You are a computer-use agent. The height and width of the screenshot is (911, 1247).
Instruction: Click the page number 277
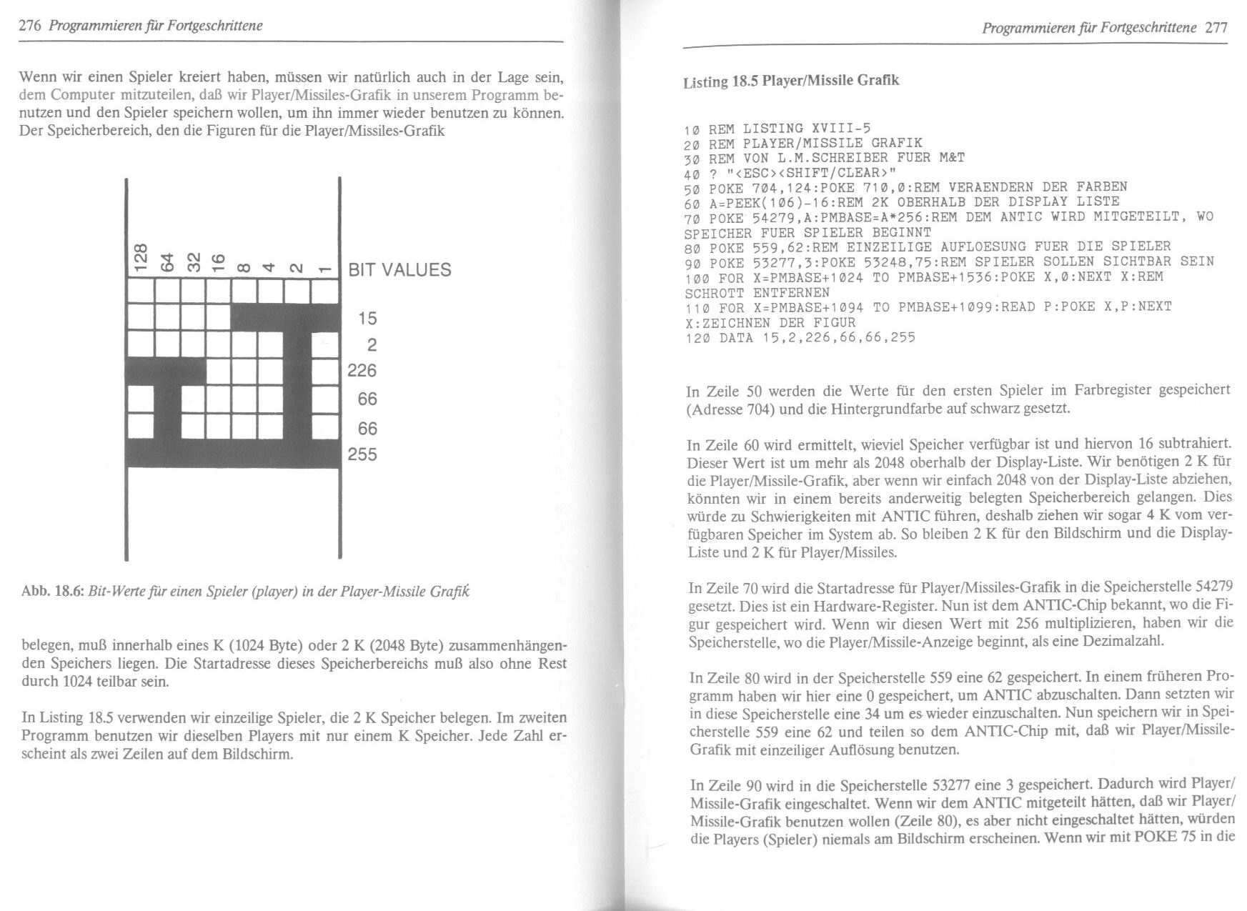[x=1216, y=28]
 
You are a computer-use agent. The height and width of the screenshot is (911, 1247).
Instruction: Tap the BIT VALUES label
[x=399, y=270]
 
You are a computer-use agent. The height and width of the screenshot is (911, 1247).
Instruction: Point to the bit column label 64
[x=167, y=261]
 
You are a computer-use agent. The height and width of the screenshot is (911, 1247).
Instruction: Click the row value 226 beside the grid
[x=362, y=371]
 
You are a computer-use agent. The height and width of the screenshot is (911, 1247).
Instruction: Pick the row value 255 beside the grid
[x=362, y=454]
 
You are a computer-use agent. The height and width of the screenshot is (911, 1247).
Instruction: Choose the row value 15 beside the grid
[x=367, y=318]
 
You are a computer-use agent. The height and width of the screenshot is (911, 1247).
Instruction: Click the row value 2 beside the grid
[x=371, y=345]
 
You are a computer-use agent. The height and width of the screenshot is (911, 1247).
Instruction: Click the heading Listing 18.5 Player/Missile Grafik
[x=791, y=81]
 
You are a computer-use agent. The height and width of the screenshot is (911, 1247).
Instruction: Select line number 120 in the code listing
[x=696, y=337]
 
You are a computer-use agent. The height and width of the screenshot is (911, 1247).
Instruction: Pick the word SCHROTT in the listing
[x=714, y=293]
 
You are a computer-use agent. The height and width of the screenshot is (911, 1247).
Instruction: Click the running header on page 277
[x=1089, y=28]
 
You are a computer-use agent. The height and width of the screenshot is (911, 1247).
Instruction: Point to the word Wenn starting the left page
[x=39, y=76]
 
